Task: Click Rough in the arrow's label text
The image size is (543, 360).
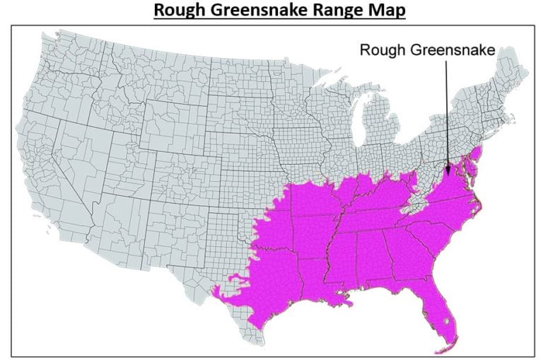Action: pyautogui.click(x=382, y=50)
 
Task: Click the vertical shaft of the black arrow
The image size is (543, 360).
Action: pyautogui.click(x=447, y=113)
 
